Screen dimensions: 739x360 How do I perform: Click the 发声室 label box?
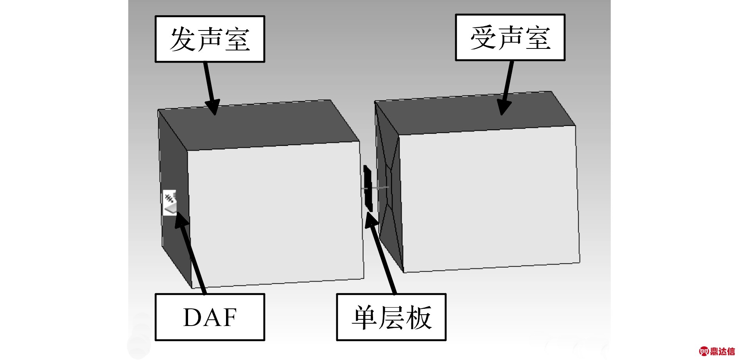(210, 39)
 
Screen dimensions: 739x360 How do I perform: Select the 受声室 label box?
(510, 38)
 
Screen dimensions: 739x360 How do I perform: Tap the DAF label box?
(210, 317)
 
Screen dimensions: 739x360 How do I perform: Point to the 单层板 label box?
(391, 317)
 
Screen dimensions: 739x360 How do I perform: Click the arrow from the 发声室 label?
(210, 88)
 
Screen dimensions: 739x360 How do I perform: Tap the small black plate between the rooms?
(368, 188)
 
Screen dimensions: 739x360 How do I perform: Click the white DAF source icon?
(170, 202)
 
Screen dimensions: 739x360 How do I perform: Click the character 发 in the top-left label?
(183, 39)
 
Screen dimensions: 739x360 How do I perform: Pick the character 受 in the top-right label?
(483, 38)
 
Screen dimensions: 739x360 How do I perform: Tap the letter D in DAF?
(192, 317)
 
